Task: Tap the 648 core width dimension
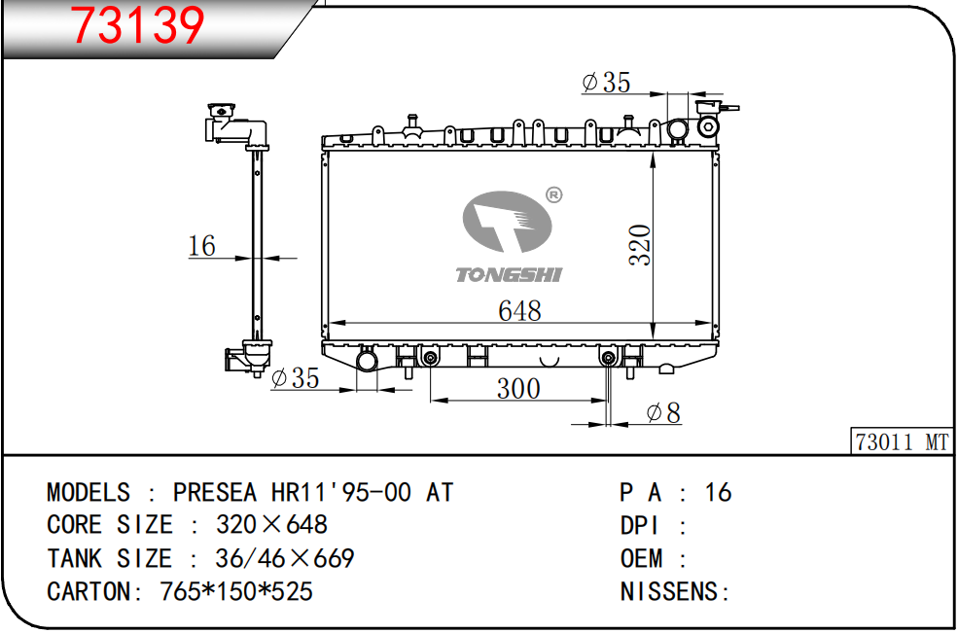(x=519, y=310)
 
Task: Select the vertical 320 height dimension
(x=640, y=244)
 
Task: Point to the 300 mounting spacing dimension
(x=518, y=389)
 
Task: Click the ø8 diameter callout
(x=663, y=413)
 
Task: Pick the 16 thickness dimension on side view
(x=202, y=246)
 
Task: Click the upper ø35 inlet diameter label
(x=606, y=82)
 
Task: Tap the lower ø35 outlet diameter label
(x=295, y=378)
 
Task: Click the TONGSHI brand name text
(x=509, y=275)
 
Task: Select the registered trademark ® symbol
(x=553, y=194)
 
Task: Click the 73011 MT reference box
(x=902, y=441)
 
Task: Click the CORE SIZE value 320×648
(x=272, y=524)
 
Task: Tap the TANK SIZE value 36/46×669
(x=285, y=558)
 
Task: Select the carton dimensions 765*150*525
(x=236, y=591)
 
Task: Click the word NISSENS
(x=670, y=591)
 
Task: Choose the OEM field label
(x=642, y=558)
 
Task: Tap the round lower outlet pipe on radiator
(x=368, y=360)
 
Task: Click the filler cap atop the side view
(x=221, y=111)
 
